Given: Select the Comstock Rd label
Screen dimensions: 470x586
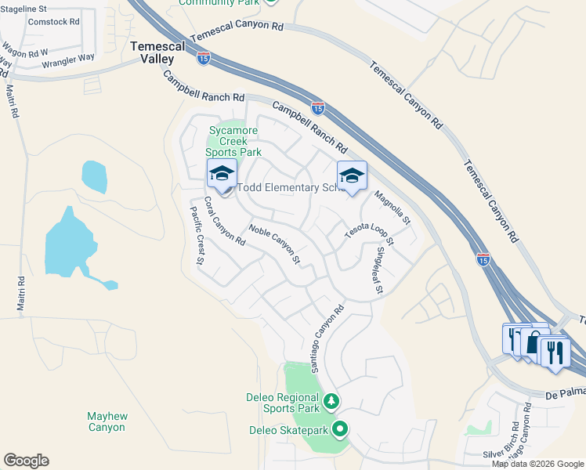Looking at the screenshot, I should [x=54, y=22].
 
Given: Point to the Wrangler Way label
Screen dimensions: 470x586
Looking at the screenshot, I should [x=68, y=60].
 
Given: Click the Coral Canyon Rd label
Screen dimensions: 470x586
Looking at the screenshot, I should [x=225, y=222].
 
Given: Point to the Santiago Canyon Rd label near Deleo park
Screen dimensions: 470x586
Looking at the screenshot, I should [x=327, y=338].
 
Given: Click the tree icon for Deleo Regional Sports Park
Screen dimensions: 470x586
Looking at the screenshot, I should [x=331, y=402].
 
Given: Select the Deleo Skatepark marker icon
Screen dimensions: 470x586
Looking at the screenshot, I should [x=340, y=428].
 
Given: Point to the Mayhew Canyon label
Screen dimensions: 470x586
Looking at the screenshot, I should [x=107, y=421].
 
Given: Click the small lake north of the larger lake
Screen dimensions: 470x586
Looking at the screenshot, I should [x=94, y=177].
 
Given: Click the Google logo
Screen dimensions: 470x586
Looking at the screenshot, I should [x=25, y=461].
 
